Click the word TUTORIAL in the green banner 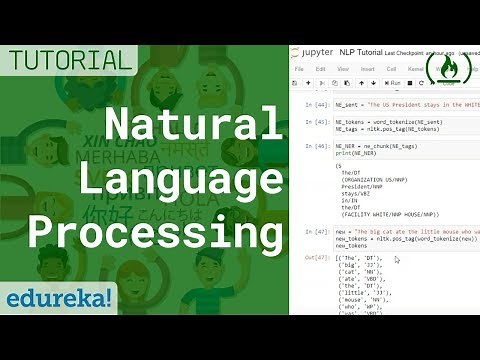(67, 59)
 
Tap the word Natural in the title (196, 128)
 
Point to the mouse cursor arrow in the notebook (397, 259)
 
